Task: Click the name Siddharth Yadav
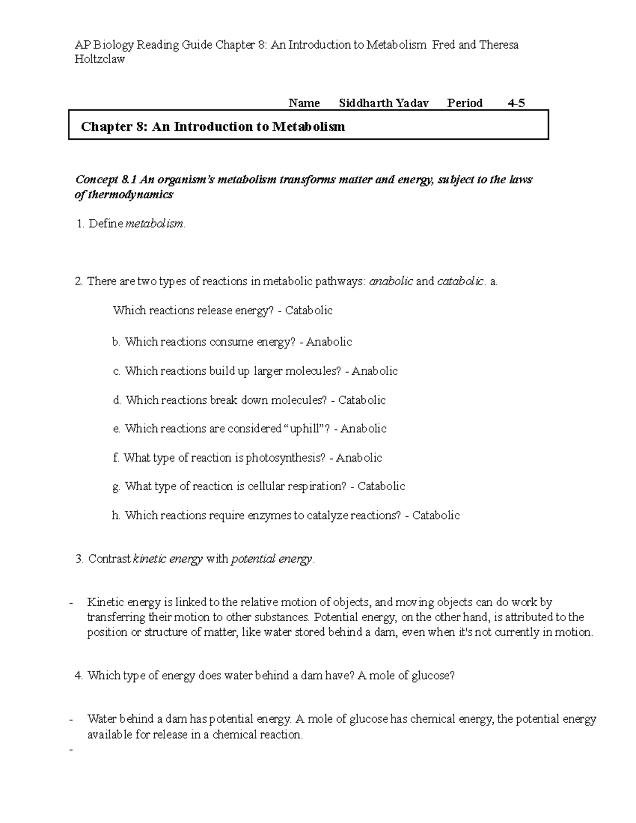click(x=383, y=103)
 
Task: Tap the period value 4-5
click(x=516, y=103)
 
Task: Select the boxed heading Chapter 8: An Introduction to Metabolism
click(x=213, y=127)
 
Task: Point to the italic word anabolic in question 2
click(x=391, y=281)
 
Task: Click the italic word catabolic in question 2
click(x=460, y=281)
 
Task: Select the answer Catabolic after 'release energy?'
click(x=308, y=311)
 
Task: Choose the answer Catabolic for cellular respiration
click(x=381, y=486)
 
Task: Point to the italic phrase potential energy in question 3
click(x=272, y=559)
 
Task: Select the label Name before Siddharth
click(x=304, y=103)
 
